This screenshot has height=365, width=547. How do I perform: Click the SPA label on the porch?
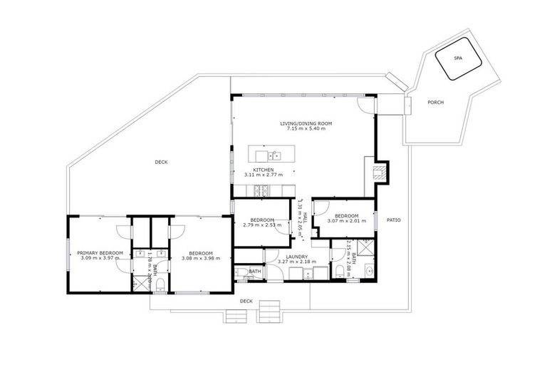pyautogui.click(x=457, y=59)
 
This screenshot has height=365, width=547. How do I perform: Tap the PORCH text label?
pyautogui.click(x=436, y=103)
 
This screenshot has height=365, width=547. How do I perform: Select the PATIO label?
pyautogui.click(x=393, y=220)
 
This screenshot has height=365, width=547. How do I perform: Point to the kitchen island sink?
pyautogui.click(x=275, y=154)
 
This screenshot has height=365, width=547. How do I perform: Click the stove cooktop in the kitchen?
pyautogui.click(x=261, y=190)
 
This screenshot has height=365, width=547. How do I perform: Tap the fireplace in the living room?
pyautogui.click(x=380, y=171)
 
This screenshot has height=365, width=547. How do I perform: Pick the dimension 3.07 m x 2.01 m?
pyautogui.click(x=345, y=221)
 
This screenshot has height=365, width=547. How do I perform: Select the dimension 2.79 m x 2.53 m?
pyautogui.click(x=262, y=225)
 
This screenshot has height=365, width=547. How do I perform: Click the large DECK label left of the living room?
pyautogui.click(x=161, y=163)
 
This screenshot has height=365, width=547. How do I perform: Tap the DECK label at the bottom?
pyautogui.click(x=246, y=302)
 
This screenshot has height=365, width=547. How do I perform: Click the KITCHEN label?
pyautogui.click(x=264, y=170)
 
